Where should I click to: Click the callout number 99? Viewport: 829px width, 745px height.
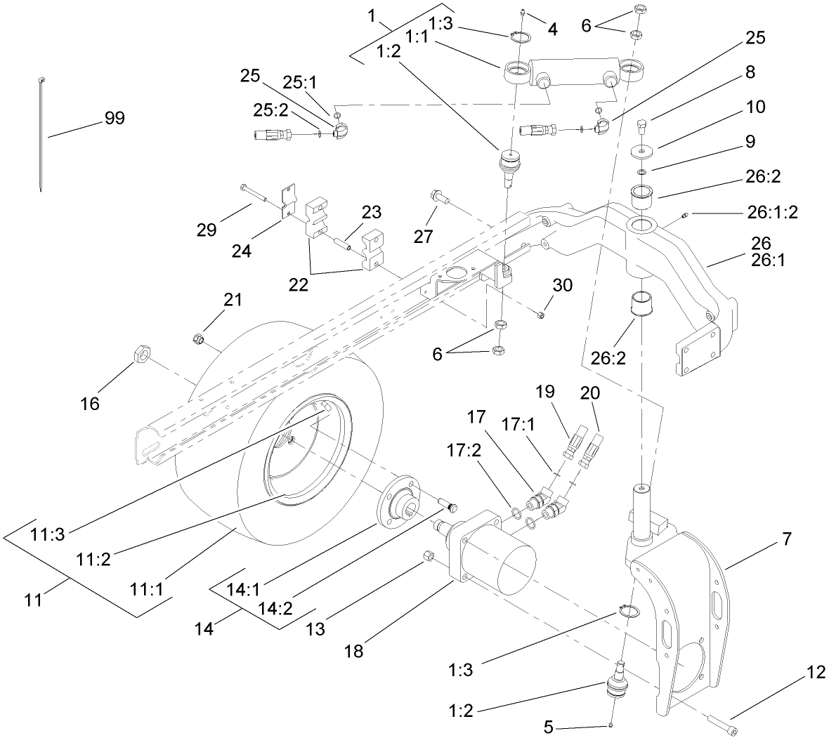click(x=114, y=118)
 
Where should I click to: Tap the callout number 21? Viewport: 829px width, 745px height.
click(x=233, y=300)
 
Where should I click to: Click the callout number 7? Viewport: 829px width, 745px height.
click(x=785, y=539)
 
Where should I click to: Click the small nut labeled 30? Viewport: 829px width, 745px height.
click(x=540, y=315)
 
